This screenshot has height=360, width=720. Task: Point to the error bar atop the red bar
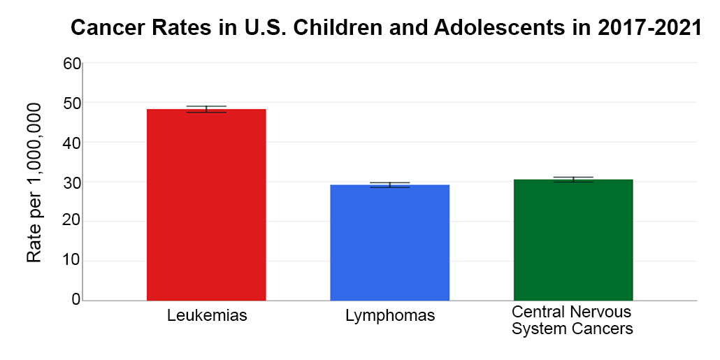pyautogui.click(x=206, y=109)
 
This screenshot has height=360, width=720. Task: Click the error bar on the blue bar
pyautogui.click(x=389, y=185)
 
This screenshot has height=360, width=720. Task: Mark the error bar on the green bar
pyautogui.click(x=573, y=180)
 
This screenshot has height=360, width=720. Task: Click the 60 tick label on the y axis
pyautogui.click(x=72, y=64)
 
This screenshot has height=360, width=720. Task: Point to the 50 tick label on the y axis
pyautogui.click(x=72, y=103)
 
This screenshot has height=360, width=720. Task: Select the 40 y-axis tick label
pyautogui.click(x=72, y=143)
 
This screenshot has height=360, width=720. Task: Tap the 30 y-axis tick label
pyautogui.click(x=72, y=182)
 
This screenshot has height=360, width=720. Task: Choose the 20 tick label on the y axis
pyautogui.click(x=72, y=222)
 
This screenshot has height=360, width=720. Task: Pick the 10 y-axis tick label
pyautogui.click(x=72, y=261)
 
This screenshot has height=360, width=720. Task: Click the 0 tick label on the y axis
pyautogui.click(x=76, y=301)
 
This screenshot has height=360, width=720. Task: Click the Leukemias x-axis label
pyautogui.click(x=207, y=315)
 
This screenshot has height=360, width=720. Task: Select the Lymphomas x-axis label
pyautogui.click(x=390, y=316)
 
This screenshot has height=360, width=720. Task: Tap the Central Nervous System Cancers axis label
pyautogui.click(x=572, y=319)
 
